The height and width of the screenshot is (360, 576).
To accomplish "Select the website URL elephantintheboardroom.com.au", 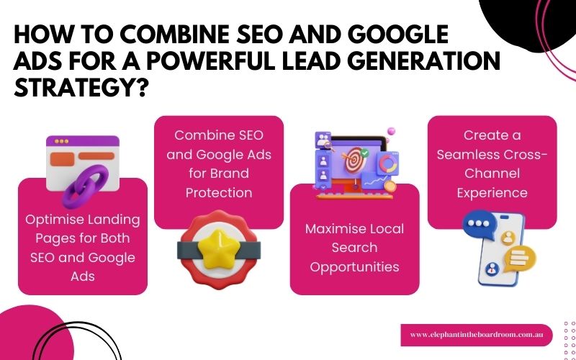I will click(476, 335).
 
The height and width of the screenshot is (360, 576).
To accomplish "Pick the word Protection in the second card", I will click(219, 193).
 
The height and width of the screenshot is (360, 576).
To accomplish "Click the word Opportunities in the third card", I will click(354, 267).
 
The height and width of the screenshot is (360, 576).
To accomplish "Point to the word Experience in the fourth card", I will click(492, 193).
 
